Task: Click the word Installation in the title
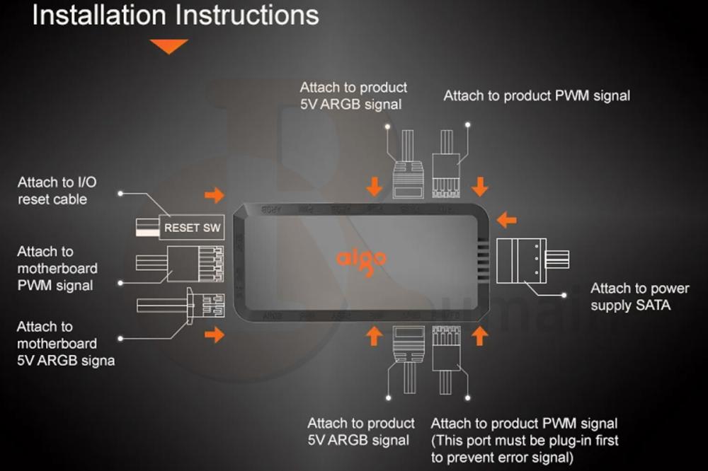click(100, 16)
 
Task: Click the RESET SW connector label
click(193, 228)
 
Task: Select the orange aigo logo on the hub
click(361, 258)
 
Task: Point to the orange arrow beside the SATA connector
click(506, 220)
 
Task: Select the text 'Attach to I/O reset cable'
click(57, 191)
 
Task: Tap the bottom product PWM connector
click(446, 347)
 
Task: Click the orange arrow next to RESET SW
click(215, 195)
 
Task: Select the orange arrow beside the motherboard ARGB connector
click(215, 335)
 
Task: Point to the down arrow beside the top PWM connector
click(480, 186)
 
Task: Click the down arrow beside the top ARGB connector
click(375, 186)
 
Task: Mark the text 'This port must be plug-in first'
click(525, 441)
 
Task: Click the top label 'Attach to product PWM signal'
click(537, 95)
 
